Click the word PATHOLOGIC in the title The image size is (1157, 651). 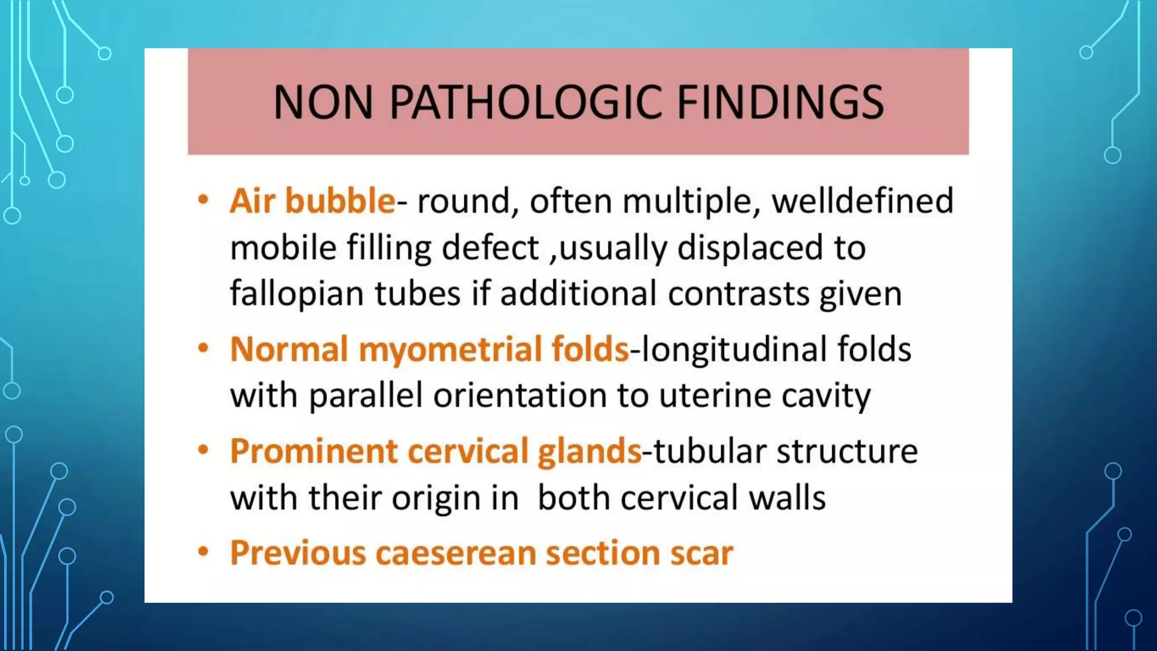tap(525, 102)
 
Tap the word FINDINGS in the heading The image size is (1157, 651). tap(780, 102)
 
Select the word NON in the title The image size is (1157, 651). tap(323, 102)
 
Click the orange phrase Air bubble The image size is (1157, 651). tap(312, 201)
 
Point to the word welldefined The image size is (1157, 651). tap(862, 201)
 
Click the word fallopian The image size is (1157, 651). tap(296, 294)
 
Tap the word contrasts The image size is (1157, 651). tap(739, 294)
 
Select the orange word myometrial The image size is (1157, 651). tap(450, 349)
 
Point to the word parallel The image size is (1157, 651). tap(366, 396)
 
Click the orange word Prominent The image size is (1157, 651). tap(314, 452)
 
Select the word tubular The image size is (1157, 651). tap(710, 452)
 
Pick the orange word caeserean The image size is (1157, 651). tap(455, 553)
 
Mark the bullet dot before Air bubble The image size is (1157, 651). tap(203, 200)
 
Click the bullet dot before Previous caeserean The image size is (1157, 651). tap(203, 551)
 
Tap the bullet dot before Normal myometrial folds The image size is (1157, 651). tap(203, 348)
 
